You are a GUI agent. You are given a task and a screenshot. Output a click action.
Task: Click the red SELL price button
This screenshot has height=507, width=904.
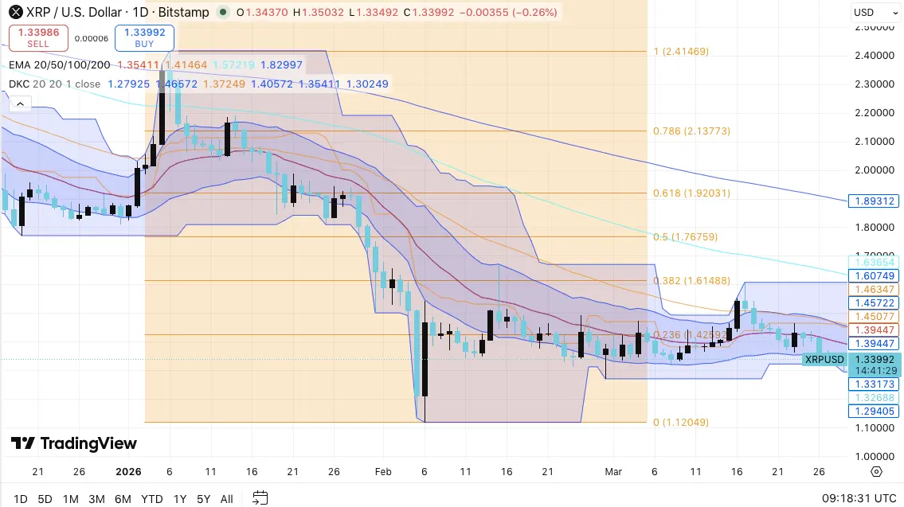pos(37,37)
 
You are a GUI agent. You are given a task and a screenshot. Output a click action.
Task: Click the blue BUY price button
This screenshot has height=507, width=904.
pos(144,37)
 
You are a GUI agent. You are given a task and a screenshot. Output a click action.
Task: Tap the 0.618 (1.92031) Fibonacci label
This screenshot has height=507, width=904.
pos(691,193)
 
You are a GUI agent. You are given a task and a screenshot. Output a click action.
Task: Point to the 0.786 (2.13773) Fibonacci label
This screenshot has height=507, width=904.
pos(691,131)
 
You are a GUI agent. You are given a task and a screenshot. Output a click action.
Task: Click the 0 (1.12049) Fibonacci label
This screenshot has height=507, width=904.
pos(681,423)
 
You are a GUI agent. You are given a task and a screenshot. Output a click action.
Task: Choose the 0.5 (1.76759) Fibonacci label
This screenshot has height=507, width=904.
pos(686,236)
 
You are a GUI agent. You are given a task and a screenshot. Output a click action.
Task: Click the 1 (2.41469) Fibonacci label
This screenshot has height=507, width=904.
pos(681,52)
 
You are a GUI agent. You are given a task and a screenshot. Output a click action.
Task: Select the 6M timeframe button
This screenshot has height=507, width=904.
pos(123,499)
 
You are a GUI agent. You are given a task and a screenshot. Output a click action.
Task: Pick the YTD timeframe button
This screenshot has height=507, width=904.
pos(151,499)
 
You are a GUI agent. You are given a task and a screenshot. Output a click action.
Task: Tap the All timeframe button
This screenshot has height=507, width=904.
pos(227,499)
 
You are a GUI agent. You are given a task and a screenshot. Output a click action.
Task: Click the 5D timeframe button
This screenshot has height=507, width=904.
pos(45,499)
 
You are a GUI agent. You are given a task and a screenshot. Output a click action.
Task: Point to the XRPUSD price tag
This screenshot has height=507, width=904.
pos(824,360)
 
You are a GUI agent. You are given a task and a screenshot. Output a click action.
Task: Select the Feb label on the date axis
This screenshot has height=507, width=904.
pos(383,471)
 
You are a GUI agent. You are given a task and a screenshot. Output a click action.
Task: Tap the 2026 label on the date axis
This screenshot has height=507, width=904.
pos(128,471)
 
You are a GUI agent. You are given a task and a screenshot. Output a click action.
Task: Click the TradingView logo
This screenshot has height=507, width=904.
pos(74,443)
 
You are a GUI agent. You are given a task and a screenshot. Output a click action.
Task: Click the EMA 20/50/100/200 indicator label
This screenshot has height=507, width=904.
pos(60,65)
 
